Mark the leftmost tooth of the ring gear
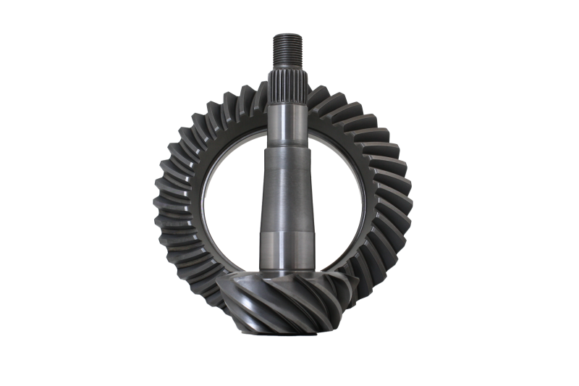tap(161, 206)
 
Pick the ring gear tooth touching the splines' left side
tap(257, 94)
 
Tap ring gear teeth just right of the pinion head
tap(362, 279)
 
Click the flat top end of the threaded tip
tap(287, 35)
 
